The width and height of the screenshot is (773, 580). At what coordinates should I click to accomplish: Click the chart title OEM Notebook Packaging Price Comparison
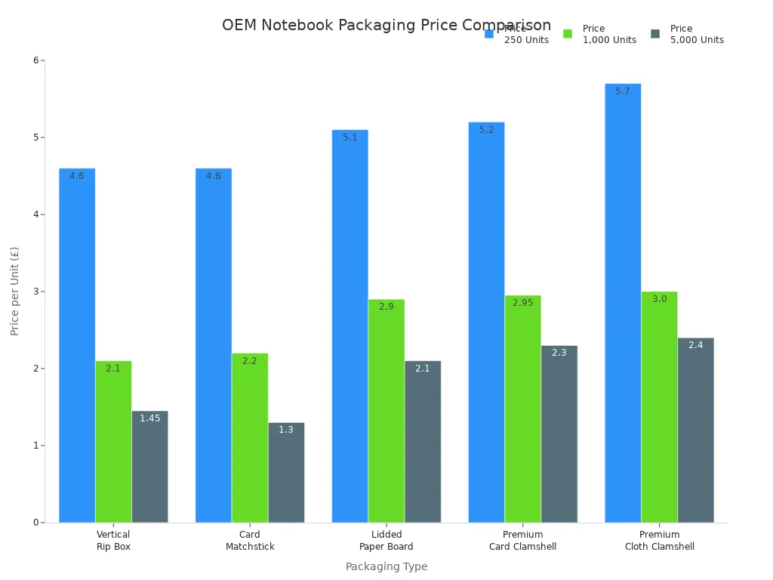click(386, 25)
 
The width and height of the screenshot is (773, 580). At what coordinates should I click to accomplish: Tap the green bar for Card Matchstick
click(250, 438)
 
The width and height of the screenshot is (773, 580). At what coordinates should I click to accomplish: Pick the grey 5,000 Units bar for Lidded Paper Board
click(423, 442)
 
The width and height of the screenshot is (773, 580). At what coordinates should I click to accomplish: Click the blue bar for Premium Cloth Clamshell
click(623, 303)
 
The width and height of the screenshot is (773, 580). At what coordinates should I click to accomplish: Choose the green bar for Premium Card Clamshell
click(522, 409)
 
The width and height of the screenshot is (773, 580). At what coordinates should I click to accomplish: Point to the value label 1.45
click(149, 418)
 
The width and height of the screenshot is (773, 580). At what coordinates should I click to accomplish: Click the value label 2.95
click(522, 303)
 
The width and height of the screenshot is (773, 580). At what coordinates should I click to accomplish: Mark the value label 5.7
click(623, 91)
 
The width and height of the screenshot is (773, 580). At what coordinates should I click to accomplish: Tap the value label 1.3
click(286, 430)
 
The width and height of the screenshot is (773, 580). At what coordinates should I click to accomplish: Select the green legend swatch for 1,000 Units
click(568, 34)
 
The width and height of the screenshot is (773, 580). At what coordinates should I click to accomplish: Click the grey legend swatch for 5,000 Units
click(655, 34)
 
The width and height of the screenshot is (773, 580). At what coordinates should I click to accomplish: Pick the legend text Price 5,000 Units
click(697, 34)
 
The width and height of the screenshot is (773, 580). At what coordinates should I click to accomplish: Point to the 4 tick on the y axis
click(35, 214)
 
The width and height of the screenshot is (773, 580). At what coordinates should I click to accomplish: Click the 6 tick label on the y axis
click(35, 60)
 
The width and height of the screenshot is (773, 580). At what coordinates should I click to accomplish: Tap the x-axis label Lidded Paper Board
click(386, 541)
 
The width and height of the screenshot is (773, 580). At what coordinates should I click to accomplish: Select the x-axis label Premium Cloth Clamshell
click(659, 541)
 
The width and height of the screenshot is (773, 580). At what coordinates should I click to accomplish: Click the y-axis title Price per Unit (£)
click(15, 291)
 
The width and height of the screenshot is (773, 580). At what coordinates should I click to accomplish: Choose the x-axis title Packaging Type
click(386, 566)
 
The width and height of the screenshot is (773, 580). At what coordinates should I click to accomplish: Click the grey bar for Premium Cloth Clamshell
click(695, 430)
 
